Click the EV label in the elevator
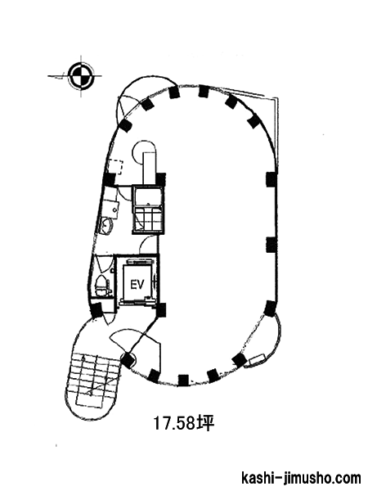[x=137, y=285]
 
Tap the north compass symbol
[x=81, y=76]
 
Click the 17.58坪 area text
[x=184, y=424]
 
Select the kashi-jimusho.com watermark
[x=301, y=478]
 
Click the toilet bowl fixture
[x=101, y=286]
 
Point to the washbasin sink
[x=106, y=225]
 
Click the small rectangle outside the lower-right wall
[x=258, y=359]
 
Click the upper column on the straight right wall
[x=272, y=179]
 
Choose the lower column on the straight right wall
[x=272, y=245]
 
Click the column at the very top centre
[x=204, y=91]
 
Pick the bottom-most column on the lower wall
[x=183, y=379]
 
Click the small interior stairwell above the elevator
[x=148, y=209]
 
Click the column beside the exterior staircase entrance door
[x=127, y=360]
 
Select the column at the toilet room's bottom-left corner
[x=96, y=310]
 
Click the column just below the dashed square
[x=110, y=180]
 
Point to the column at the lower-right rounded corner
[x=270, y=309]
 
